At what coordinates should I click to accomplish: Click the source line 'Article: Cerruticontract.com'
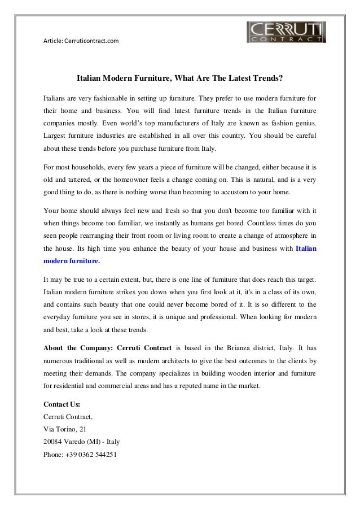pos(81,41)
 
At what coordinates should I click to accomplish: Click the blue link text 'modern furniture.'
pos(72,262)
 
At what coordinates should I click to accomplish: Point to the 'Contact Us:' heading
pos(62,404)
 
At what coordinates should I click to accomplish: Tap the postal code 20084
pos(55,442)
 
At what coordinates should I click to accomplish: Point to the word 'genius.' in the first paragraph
pos(304,122)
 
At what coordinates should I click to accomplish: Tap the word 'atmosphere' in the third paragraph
pos(288,235)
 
